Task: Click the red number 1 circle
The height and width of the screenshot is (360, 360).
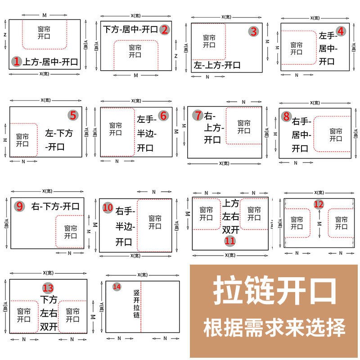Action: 17,62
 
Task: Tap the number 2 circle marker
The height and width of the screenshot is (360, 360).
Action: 165,30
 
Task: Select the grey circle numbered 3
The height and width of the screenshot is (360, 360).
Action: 254,31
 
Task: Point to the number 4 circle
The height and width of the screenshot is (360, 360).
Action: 341,31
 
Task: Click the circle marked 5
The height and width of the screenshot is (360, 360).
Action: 73,115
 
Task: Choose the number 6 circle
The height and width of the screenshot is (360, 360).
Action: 163,116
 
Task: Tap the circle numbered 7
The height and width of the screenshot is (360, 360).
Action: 198,115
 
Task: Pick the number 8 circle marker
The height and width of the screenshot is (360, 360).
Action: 286,116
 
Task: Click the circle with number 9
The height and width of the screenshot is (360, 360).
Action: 19,207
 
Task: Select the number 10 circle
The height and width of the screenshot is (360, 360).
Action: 108,207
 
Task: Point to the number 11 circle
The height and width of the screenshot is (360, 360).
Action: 230,241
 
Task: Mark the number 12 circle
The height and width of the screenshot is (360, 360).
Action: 319,204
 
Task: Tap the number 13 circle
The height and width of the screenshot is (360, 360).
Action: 48,288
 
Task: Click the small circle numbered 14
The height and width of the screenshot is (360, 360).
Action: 117,287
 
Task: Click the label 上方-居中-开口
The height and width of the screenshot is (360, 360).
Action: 50,62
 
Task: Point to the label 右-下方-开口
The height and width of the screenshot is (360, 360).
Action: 55,207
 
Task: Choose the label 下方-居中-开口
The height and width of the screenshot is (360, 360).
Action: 130,30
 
